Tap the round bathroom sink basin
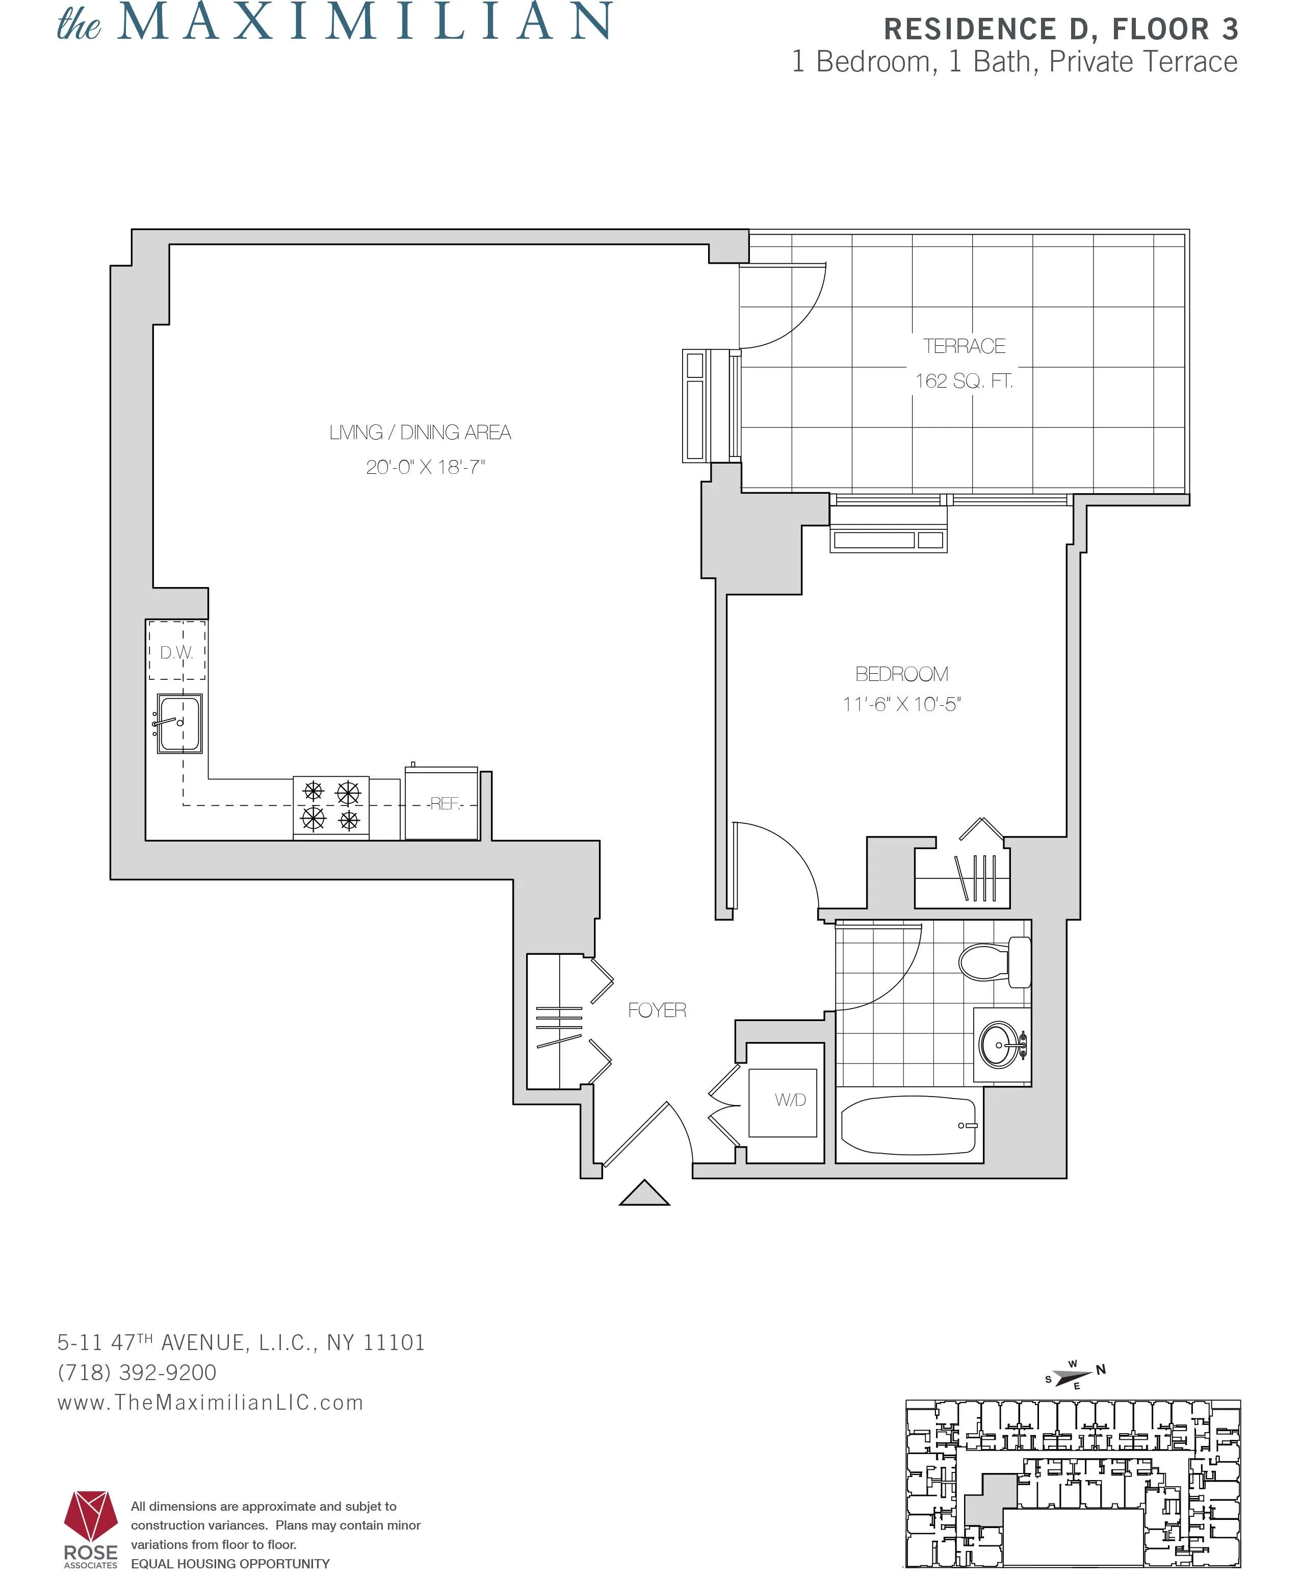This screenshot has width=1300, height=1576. pos(998,1044)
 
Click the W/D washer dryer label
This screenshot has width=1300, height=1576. pos(790,1100)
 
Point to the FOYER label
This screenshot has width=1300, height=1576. pos(657,1010)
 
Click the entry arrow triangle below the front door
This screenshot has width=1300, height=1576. pos(644,1194)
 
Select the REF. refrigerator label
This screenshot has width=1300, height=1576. pos(444,804)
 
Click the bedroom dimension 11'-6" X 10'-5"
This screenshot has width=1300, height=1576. pos(902,704)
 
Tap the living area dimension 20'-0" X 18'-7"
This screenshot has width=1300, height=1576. pos(425,467)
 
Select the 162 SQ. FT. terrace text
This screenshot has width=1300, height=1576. pos(964,382)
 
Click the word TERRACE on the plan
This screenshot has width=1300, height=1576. pos(964,346)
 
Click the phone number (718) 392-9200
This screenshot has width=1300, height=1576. pos(137,1372)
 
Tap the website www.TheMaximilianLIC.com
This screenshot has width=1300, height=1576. pos(211,1403)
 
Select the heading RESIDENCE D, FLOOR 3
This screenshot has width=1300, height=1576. pos(1060,30)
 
